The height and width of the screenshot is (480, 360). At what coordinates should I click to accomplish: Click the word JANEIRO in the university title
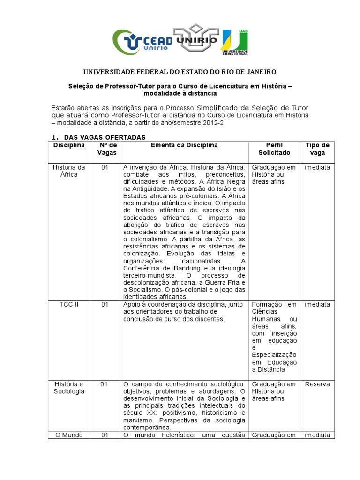click(x=260, y=72)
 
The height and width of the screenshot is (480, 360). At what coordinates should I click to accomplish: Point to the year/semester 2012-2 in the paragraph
click(x=213, y=123)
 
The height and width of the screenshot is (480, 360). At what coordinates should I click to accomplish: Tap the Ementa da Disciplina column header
click(x=184, y=145)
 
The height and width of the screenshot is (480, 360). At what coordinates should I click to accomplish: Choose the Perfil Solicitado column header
click(x=274, y=149)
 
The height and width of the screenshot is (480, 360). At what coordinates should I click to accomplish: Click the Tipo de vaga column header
click(x=317, y=149)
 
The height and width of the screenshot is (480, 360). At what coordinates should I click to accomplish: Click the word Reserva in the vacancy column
click(x=317, y=384)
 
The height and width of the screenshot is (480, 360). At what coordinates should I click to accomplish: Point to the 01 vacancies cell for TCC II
click(x=104, y=305)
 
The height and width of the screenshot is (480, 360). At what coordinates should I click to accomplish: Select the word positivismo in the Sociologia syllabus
click(x=167, y=413)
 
